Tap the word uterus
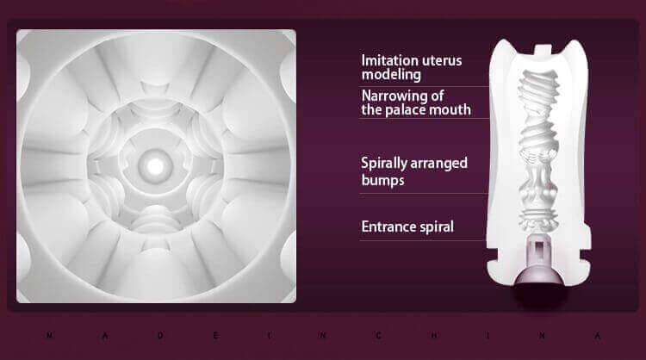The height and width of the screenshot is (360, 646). pos(437,61)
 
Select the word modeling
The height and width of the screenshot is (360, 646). pos(391,75)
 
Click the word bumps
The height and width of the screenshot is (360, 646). pos(382,180)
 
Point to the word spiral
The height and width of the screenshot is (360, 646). pos(432,227)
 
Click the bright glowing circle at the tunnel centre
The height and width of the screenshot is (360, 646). pos(155,166)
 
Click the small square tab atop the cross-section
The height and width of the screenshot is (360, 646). pos(542,49)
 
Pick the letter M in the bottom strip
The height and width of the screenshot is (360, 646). pos(49,335)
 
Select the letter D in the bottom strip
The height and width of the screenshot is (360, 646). pos(160,335)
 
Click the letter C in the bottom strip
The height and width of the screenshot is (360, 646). pos(378,335)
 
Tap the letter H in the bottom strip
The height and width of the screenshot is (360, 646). pos(434,335)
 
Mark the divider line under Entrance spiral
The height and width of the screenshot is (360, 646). pos(422,240)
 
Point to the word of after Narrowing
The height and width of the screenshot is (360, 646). pos(437,96)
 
